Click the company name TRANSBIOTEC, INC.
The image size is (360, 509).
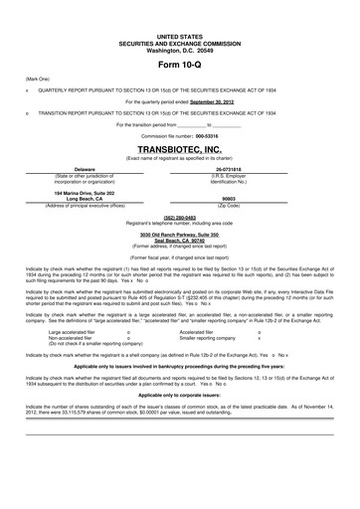[x=179, y=149]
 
